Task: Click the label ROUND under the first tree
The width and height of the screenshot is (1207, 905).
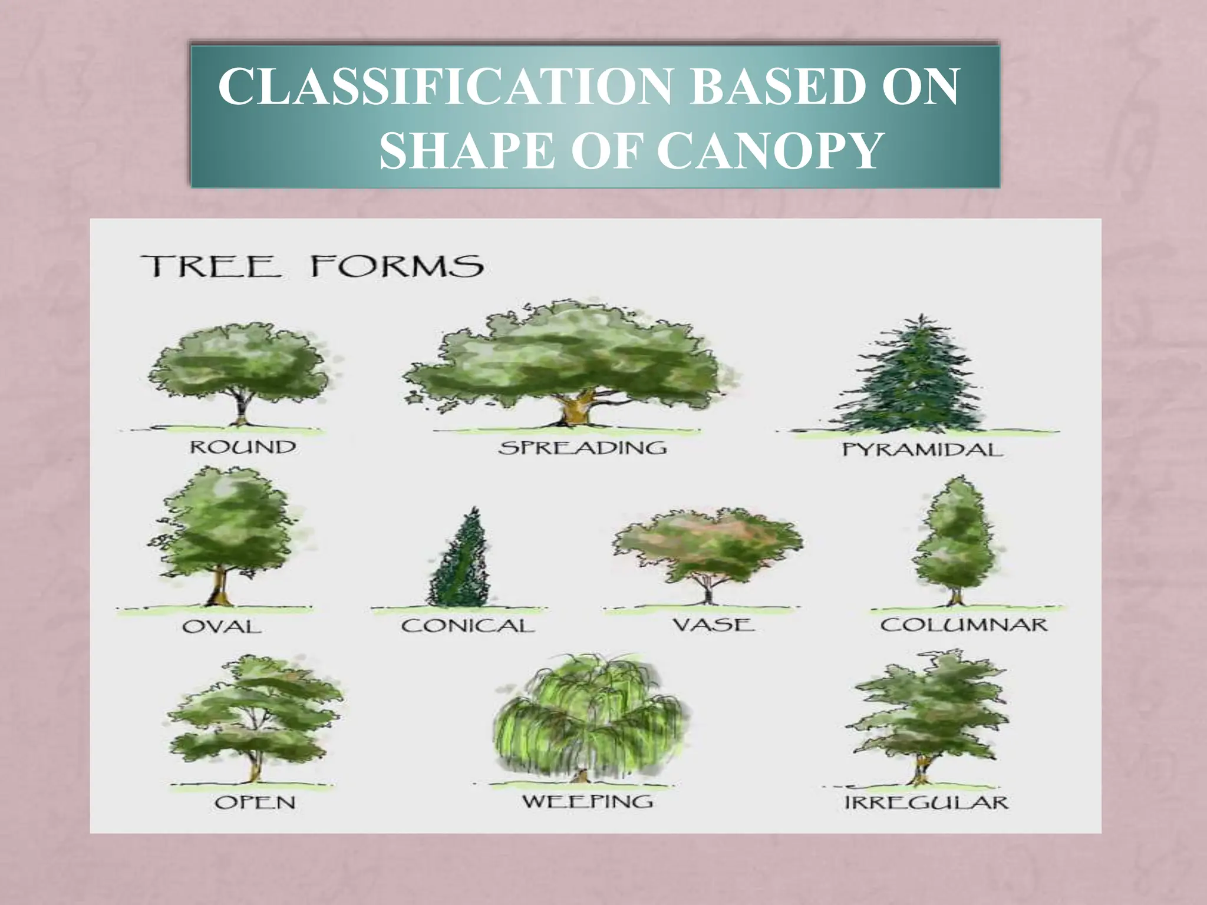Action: (242, 447)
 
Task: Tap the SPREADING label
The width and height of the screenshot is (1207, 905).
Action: (582, 448)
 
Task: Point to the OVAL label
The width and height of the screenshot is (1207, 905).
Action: (222, 626)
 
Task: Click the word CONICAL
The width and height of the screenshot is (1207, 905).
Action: (467, 626)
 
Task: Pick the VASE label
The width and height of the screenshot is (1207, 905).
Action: (714, 624)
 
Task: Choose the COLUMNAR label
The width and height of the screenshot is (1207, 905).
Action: (964, 625)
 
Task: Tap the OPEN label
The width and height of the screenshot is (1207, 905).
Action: (255, 802)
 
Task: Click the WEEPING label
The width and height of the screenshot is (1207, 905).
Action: (588, 801)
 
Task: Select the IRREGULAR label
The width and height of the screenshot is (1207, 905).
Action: (926, 802)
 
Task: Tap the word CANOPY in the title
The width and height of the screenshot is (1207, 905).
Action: (768, 151)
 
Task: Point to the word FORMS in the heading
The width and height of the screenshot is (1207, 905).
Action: (397, 266)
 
